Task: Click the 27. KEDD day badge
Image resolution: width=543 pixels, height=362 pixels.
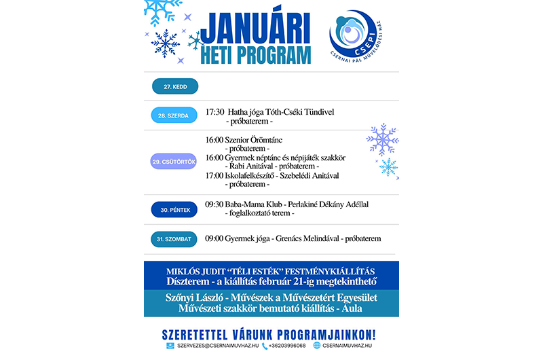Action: [x=175, y=86]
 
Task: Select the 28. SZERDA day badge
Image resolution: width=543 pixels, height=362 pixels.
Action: [x=174, y=115]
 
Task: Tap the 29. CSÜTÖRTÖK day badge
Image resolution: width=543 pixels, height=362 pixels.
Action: [x=174, y=162]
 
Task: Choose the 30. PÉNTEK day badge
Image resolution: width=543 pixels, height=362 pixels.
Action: [x=174, y=211]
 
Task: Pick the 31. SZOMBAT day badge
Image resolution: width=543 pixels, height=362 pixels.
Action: [x=174, y=239]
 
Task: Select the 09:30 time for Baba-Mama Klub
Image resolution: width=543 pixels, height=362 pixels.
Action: [x=214, y=204]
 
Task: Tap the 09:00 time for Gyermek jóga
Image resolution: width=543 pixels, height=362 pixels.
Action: [x=214, y=239]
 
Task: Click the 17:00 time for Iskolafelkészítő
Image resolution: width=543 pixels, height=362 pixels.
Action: [x=214, y=175]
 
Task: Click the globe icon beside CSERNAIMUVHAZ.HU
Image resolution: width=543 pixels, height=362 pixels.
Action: [x=316, y=346]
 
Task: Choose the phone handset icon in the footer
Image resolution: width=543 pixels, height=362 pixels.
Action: [x=265, y=346]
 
